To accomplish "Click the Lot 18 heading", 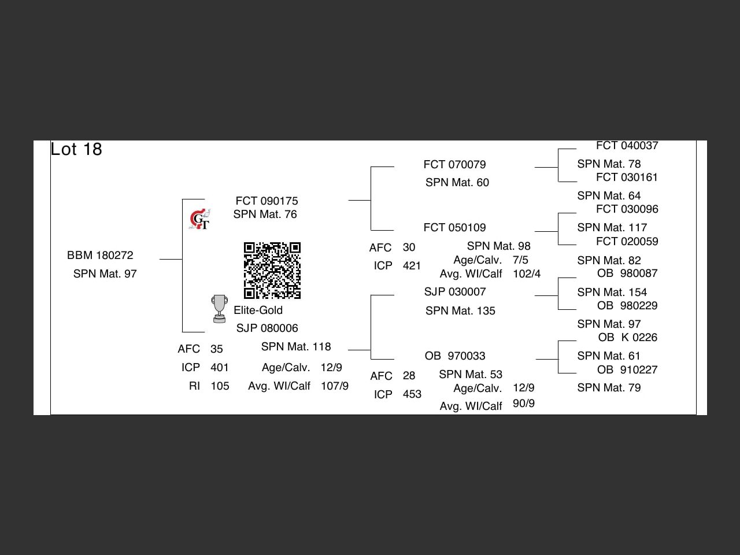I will [76, 149].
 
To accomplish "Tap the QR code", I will [272, 271].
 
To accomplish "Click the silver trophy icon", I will [219, 309].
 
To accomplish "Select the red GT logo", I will [199, 220].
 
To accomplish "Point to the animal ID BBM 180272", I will [100, 255].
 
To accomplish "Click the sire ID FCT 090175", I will [267, 201].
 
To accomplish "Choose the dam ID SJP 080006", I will [267, 328].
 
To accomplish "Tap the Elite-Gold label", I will [258, 310].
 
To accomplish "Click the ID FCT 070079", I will [454, 164].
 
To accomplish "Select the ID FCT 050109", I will [454, 227].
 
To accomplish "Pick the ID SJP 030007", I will [454, 291].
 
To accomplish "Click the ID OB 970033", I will [454, 356].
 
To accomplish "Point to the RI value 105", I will [220, 386].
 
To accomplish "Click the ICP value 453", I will [412, 394].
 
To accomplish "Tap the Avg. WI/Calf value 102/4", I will [526, 273].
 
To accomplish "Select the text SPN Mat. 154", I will [612, 292].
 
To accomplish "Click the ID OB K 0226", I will [627, 337].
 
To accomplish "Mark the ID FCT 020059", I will [627, 241].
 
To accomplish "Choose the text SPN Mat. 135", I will [460, 310].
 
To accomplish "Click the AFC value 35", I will [216, 349].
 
